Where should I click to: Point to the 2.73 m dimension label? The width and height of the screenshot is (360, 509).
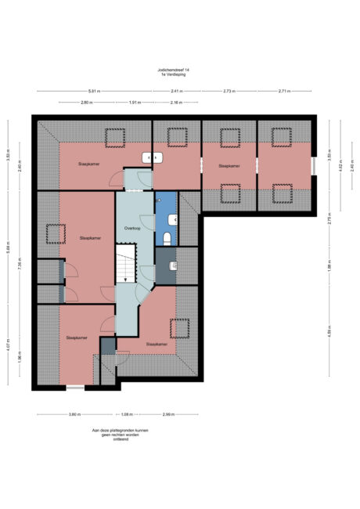229,92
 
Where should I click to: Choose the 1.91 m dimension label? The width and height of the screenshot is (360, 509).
134,103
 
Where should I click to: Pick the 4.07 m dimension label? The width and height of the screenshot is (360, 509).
8,342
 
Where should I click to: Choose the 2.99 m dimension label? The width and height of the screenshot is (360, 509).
168,413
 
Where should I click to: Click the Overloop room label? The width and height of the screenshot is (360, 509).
132,228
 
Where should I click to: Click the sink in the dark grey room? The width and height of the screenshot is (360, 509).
175,266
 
